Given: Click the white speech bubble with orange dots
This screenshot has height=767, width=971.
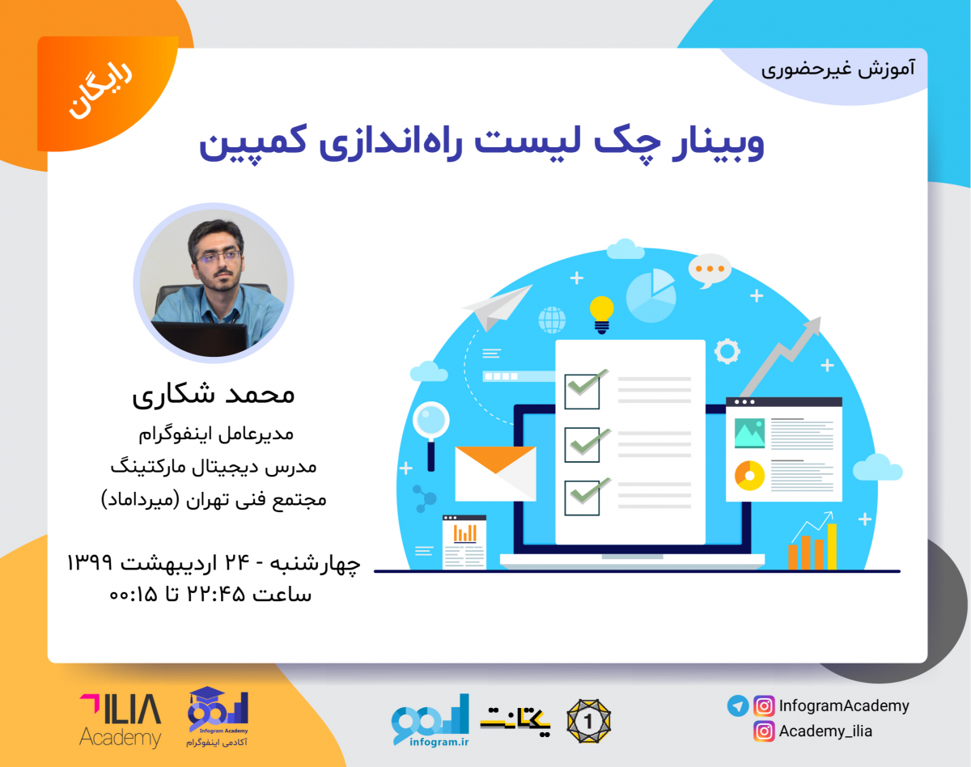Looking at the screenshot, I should [710, 269].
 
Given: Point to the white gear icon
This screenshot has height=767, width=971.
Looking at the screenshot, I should [727, 351].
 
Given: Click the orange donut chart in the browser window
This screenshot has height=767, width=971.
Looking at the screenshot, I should [749, 475].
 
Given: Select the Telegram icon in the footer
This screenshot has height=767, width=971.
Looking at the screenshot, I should [737, 706].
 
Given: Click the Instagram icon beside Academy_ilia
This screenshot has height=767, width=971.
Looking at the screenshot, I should [763, 731].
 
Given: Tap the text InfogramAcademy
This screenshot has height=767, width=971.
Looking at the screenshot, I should [844, 706].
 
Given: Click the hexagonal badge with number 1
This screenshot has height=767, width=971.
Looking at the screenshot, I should [588, 719].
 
